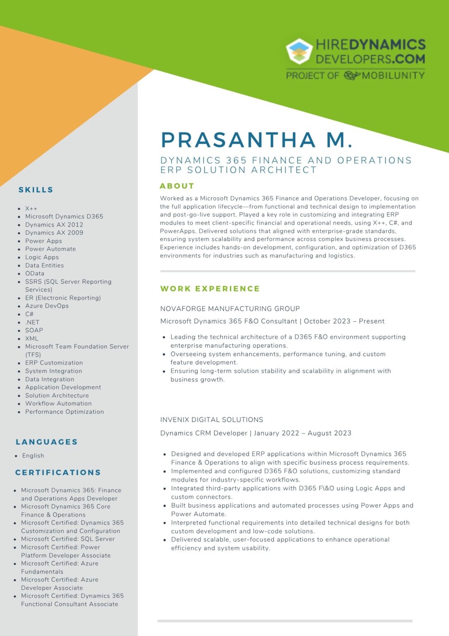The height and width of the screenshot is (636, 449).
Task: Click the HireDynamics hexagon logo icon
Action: coord(299,51)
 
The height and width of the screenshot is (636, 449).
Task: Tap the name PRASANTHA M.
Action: coord(256,140)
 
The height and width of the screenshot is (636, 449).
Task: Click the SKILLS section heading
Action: coord(36,190)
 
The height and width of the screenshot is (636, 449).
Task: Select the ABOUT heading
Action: coord(177,186)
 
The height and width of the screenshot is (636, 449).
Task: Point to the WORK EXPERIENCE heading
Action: coord(210,289)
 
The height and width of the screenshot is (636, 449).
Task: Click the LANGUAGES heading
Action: coord(47,442)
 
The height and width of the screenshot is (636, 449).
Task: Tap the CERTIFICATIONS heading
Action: coord(58,472)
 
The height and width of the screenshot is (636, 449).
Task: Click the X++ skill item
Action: coord(31,208)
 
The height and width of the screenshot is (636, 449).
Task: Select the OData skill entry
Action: coord(35,273)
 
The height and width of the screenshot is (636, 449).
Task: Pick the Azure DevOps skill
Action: coord(47,306)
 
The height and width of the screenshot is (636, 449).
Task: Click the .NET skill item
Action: coord(32,322)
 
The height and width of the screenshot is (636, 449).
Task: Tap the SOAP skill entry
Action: coord(34,330)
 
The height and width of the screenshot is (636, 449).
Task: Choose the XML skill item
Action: coord(31,338)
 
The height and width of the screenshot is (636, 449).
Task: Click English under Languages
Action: coord(33,455)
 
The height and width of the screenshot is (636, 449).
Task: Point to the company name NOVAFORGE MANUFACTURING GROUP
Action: coord(230,308)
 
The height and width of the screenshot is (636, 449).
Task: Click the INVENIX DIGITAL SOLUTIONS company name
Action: coord(212,419)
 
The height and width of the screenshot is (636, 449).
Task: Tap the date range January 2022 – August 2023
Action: coord(303,433)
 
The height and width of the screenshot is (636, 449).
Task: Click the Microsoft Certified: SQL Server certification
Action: coord(68,539)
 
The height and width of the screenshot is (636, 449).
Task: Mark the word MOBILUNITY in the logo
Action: coord(393,75)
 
